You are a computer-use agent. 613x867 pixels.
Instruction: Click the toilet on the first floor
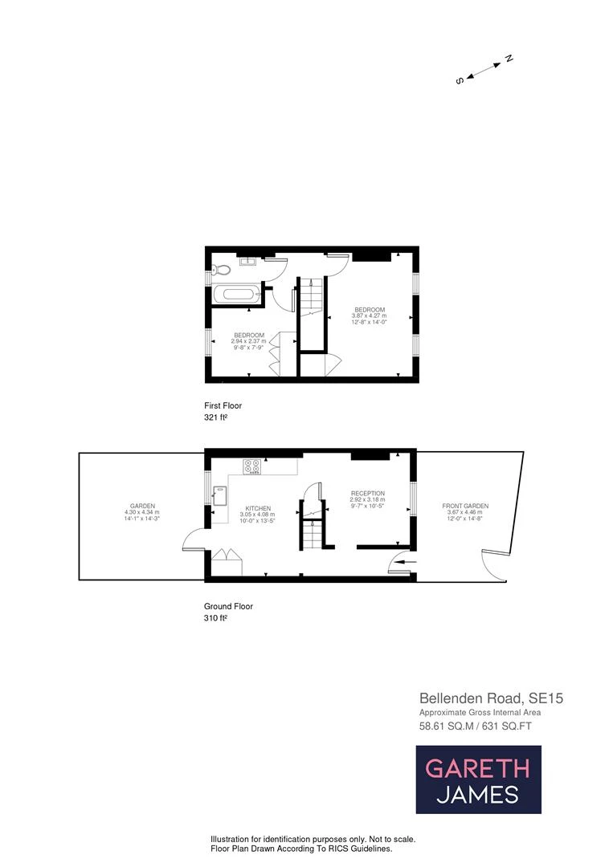[x=221, y=270]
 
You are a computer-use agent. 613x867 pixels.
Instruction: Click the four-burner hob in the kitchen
[x=251, y=466]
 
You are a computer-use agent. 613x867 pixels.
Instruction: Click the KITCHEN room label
[x=258, y=508]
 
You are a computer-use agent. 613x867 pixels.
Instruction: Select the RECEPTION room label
[x=367, y=493]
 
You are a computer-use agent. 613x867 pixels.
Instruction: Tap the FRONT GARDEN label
[x=465, y=506]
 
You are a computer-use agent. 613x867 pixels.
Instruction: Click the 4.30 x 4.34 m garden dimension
[x=141, y=512]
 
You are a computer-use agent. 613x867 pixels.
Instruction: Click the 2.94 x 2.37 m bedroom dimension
[x=248, y=341]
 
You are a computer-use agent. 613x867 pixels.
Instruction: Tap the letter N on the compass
[x=509, y=59]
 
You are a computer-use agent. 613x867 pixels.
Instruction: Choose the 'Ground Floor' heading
[x=229, y=607]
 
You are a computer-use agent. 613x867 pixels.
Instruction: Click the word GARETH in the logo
[x=477, y=768]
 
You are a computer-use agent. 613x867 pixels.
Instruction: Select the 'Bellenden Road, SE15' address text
[x=491, y=698]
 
